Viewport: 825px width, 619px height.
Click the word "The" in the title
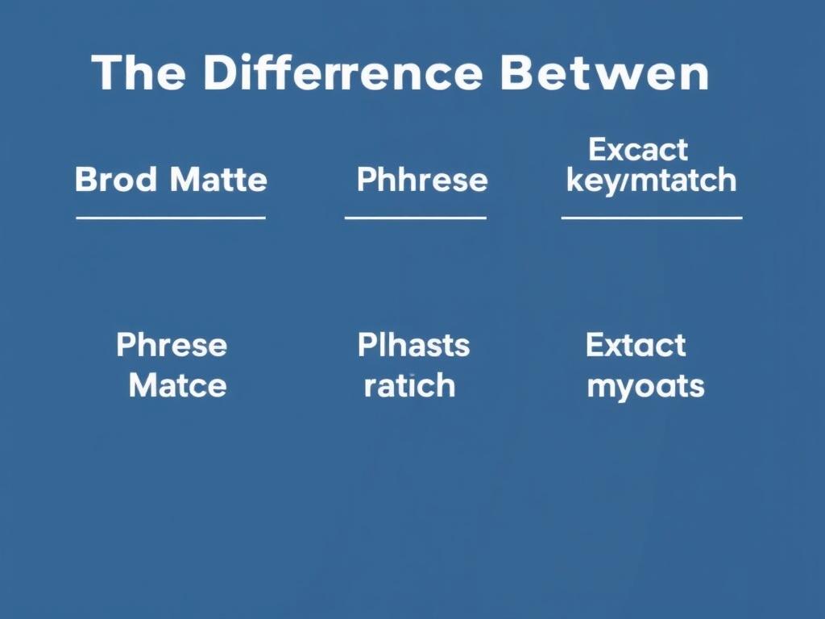tap(139, 73)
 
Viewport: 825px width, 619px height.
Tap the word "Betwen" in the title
tap(604, 73)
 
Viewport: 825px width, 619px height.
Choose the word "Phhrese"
tap(421, 180)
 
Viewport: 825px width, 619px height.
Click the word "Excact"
tap(638, 150)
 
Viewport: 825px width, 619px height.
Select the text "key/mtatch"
tap(651, 181)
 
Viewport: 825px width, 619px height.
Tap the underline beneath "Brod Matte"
tap(171, 218)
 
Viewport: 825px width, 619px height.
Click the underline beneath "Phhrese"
tap(415, 218)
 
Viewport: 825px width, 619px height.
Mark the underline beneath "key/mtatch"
tap(651, 218)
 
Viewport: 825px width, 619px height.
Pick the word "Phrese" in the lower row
tap(172, 346)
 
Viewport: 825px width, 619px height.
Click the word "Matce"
tap(177, 385)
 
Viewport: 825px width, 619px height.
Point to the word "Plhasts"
tap(413, 346)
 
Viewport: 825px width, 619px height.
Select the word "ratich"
tap(409, 385)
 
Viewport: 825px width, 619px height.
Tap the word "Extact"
tap(636, 346)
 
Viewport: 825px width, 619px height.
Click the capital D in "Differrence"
tap(218, 73)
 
